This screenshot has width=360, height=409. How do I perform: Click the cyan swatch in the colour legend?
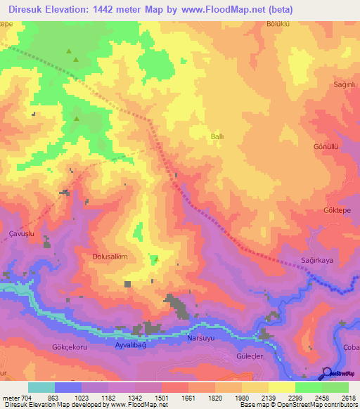(x=41, y=387)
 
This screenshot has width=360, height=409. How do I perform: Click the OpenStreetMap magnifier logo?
(x=327, y=373)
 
